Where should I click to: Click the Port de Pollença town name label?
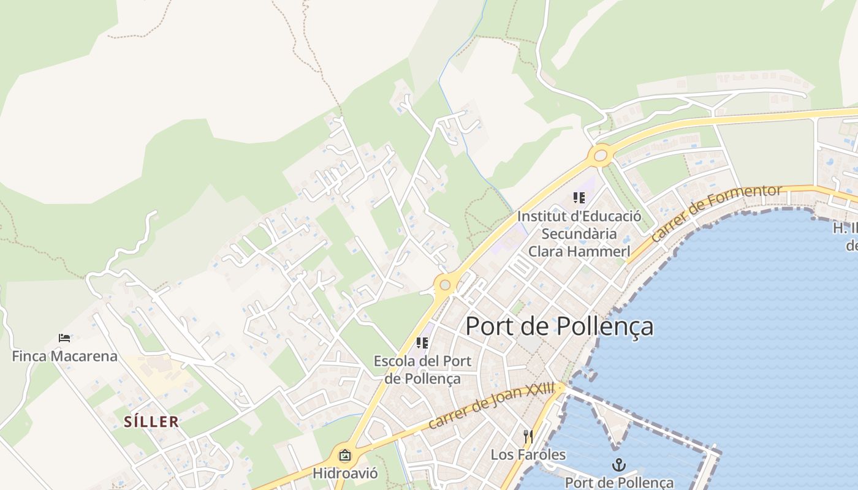pyautogui.click(x=559, y=326)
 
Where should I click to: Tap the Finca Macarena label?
pyautogui.click(x=64, y=356)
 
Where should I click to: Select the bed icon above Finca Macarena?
pyautogui.click(x=64, y=337)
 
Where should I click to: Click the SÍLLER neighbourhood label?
pyautogui.click(x=151, y=421)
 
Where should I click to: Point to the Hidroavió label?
pyautogui.click(x=345, y=473)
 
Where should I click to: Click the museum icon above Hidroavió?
pyautogui.click(x=345, y=455)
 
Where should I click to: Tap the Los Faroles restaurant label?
pyautogui.click(x=528, y=454)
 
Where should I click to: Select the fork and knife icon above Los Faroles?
pyautogui.click(x=528, y=437)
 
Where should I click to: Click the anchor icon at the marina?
pyautogui.click(x=619, y=465)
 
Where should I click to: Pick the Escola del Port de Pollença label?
pyautogui.click(x=422, y=369)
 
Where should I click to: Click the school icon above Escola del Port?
pyautogui.click(x=422, y=343)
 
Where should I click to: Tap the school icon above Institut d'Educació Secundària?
pyautogui.click(x=579, y=198)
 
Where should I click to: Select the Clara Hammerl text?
pyautogui.click(x=579, y=251)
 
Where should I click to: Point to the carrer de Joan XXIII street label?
pyautogui.click(x=491, y=405)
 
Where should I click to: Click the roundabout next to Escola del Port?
pyautogui.click(x=445, y=285)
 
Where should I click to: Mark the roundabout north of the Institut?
pyautogui.click(x=600, y=155)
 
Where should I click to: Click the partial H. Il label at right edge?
pyautogui.click(x=846, y=228)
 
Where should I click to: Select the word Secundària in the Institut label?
pyautogui.click(x=579, y=233)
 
